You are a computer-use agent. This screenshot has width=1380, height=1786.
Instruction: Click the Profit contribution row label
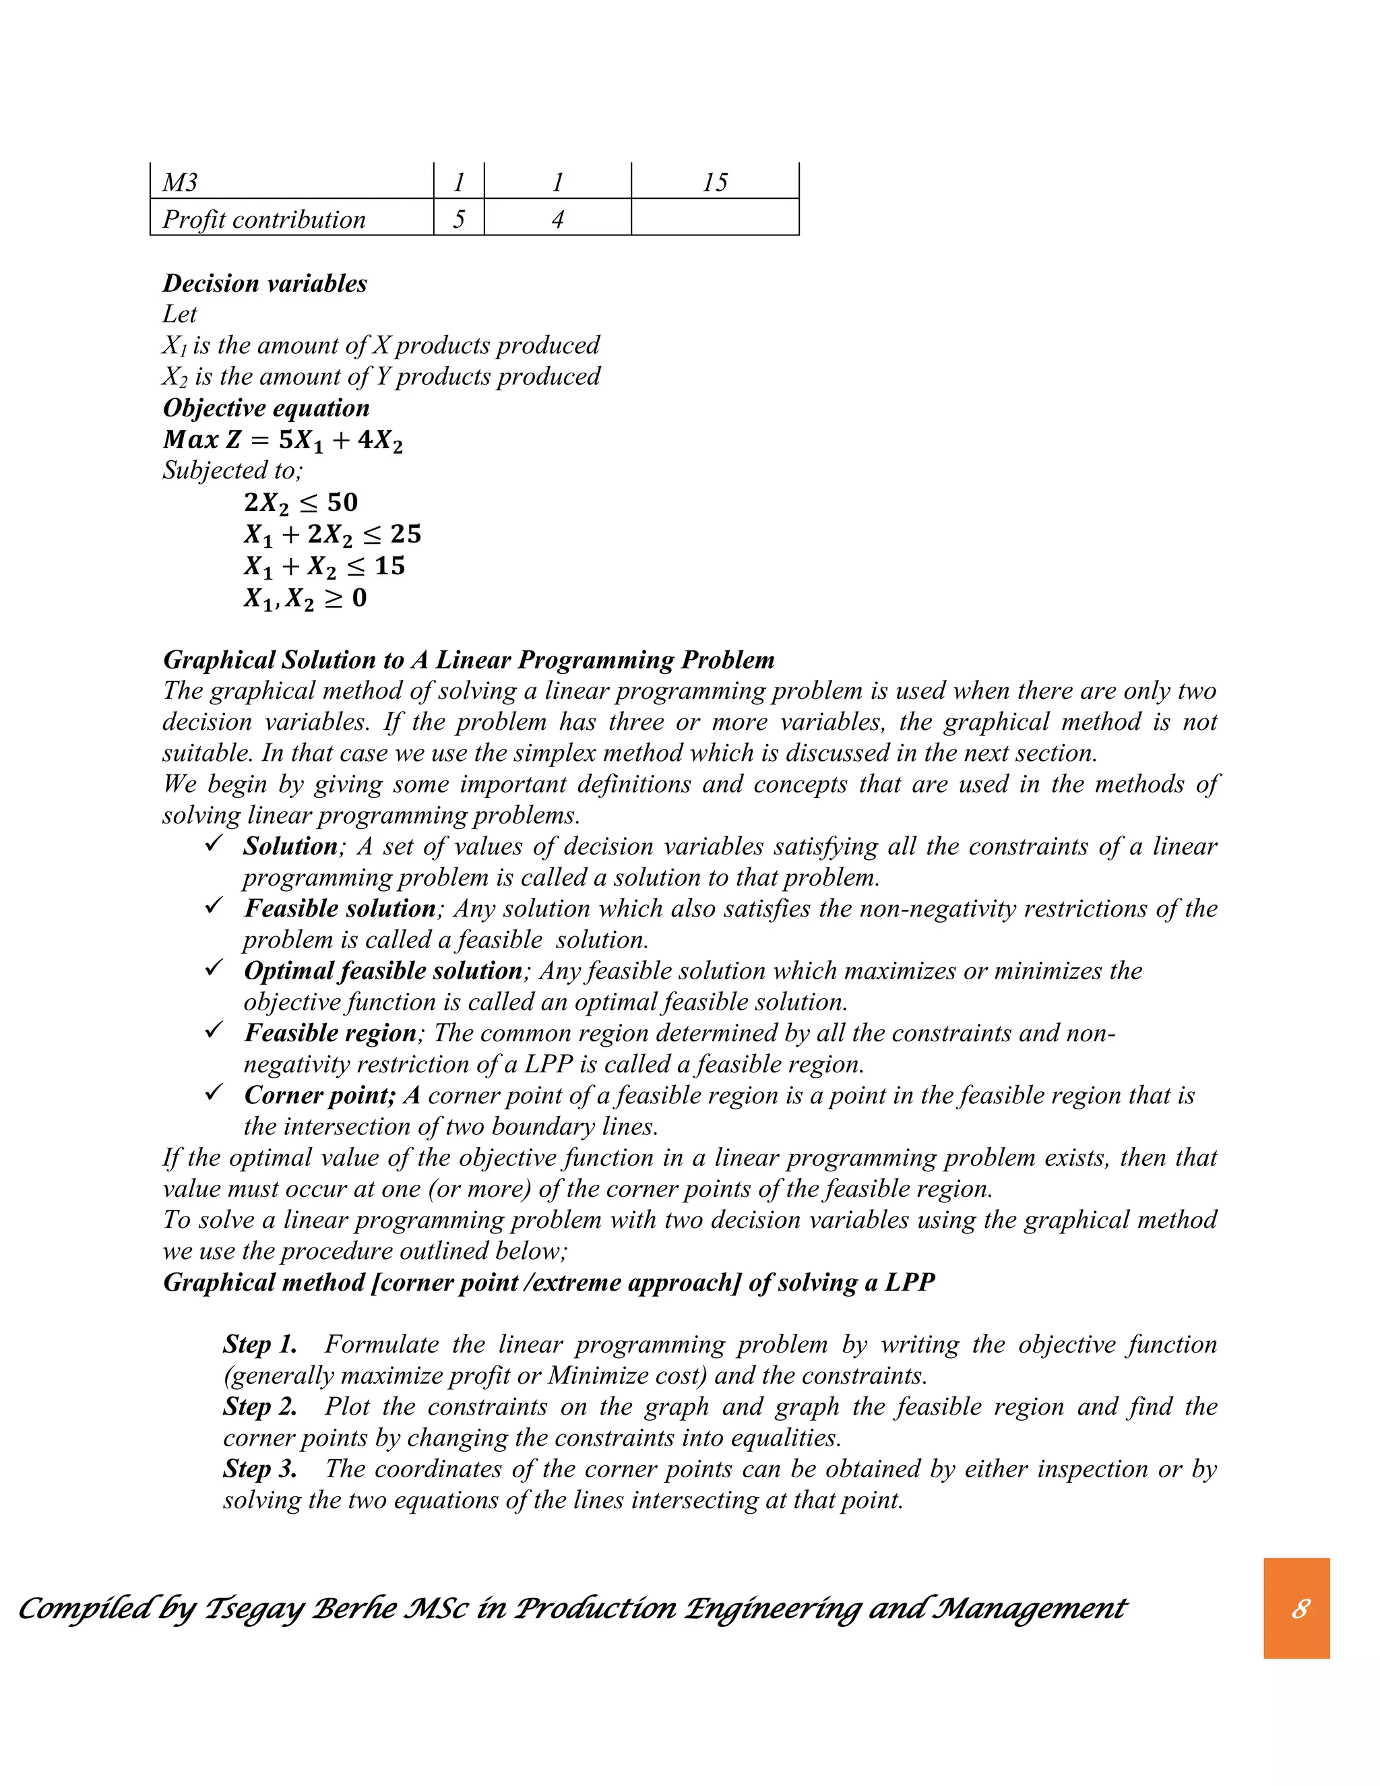(x=263, y=219)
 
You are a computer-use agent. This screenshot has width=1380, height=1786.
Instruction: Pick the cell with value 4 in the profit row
(x=557, y=219)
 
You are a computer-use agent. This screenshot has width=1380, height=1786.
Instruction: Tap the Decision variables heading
(x=265, y=283)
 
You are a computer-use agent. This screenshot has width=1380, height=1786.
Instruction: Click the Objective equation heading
(x=265, y=407)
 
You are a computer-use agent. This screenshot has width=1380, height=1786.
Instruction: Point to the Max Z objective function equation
(x=283, y=440)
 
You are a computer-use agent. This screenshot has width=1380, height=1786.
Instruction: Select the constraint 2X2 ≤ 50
(x=301, y=502)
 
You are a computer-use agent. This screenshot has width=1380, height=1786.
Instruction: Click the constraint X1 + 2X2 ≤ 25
(x=333, y=534)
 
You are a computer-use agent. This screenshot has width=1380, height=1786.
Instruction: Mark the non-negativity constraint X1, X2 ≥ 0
(x=305, y=598)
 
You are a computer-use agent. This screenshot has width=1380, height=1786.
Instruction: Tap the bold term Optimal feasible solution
(x=383, y=971)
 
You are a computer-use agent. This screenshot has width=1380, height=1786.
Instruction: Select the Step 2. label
(x=260, y=1407)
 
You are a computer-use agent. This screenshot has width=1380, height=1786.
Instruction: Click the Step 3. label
(x=260, y=1469)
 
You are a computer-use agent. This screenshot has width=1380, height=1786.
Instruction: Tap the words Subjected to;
(x=232, y=470)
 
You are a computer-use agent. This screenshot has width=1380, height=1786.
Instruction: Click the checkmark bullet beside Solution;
(x=214, y=844)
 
